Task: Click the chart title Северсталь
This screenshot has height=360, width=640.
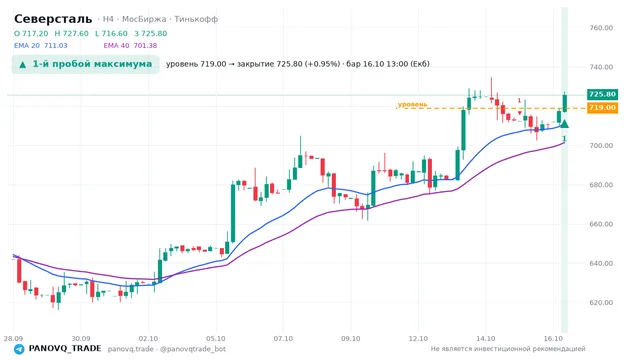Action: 53,19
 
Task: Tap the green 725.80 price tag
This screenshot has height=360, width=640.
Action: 602,94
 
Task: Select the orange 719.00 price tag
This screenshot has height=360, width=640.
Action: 602,108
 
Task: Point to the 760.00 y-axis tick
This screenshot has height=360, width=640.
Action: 601,28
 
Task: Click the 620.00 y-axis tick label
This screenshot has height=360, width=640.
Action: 601,302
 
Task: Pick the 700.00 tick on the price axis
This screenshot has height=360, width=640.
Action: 601,145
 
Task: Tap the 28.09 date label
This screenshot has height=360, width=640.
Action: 13,338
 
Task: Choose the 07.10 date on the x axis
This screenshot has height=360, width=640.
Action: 283,338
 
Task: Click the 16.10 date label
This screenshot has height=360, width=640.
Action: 553,338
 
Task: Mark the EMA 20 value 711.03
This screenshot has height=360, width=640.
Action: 56,46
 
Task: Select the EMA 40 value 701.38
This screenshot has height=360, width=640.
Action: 145,46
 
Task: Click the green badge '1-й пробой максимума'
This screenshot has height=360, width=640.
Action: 85,64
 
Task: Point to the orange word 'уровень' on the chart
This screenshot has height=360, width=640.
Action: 412,104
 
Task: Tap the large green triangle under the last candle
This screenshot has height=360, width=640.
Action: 564,124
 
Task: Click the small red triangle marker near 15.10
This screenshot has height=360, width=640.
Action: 520,113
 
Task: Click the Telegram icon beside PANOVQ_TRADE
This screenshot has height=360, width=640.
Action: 19,349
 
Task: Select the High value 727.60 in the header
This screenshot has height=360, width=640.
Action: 76,33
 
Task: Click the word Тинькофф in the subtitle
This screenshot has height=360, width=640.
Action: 196,19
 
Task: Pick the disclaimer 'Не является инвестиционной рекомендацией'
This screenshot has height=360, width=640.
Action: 508,349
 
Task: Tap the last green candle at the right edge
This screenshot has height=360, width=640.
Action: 565,102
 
